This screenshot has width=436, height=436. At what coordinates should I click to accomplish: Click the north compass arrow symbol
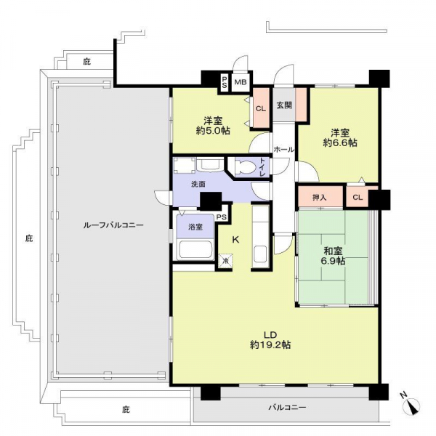(x=411, y=405)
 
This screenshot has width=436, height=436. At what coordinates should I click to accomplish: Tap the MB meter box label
(x=241, y=82)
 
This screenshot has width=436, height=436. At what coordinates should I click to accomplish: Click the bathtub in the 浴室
(x=195, y=249)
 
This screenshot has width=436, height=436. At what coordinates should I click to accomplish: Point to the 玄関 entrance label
(x=284, y=105)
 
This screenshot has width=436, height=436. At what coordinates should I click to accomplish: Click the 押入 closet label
(x=319, y=198)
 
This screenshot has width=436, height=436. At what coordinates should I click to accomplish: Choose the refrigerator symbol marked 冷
(x=225, y=261)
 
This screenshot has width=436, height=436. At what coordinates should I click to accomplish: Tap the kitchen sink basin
(x=261, y=254)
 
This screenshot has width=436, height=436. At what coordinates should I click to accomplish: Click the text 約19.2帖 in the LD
(x=270, y=344)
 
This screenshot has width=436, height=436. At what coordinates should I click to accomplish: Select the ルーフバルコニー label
(x=113, y=225)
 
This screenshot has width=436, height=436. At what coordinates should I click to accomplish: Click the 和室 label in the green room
(x=333, y=251)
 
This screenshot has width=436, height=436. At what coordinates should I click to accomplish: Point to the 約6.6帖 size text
(x=340, y=142)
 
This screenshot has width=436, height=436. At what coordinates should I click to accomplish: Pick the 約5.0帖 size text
(x=213, y=131)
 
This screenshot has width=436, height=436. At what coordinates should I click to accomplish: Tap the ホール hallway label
(x=283, y=150)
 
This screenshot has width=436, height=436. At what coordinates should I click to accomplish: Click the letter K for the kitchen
(x=235, y=239)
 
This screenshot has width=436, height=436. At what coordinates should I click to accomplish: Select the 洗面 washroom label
(x=198, y=184)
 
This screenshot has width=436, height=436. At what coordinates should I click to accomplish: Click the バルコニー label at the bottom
(x=287, y=408)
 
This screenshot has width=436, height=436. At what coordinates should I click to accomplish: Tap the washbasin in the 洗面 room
(x=210, y=165)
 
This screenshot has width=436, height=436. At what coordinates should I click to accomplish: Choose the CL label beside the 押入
(x=358, y=198)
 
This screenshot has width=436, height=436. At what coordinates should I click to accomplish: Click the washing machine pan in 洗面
(x=185, y=166)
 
